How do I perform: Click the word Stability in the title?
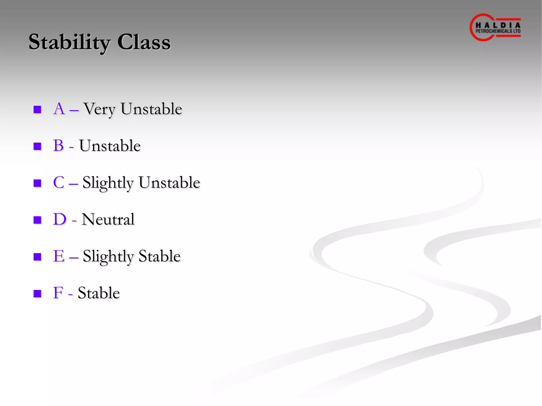pyautogui.click(x=69, y=42)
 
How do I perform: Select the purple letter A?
pyautogui.click(x=59, y=109)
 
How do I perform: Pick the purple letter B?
pyautogui.click(x=58, y=145)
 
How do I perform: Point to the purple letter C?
pyautogui.click(x=58, y=182)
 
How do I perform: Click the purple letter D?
pyautogui.click(x=59, y=219)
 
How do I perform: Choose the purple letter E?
pyautogui.click(x=58, y=256)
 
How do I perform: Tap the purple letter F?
pyautogui.click(x=58, y=293)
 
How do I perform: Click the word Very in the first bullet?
pyautogui.click(x=99, y=109)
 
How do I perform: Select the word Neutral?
pyautogui.click(x=108, y=219)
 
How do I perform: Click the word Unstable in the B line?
pyautogui.click(x=110, y=146)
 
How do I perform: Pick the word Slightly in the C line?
pyautogui.click(x=108, y=183)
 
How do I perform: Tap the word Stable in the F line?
pyautogui.click(x=99, y=293)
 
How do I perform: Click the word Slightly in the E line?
pyautogui.click(x=108, y=256)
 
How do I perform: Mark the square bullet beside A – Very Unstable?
pyautogui.click(x=37, y=109)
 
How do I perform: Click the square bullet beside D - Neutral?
pyautogui.click(x=37, y=220)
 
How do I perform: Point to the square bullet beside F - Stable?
pyautogui.click(x=37, y=293)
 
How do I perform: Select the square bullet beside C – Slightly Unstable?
pyautogui.click(x=37, y=183)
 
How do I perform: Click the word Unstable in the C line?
pyautogui.click(x=169, y=182)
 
